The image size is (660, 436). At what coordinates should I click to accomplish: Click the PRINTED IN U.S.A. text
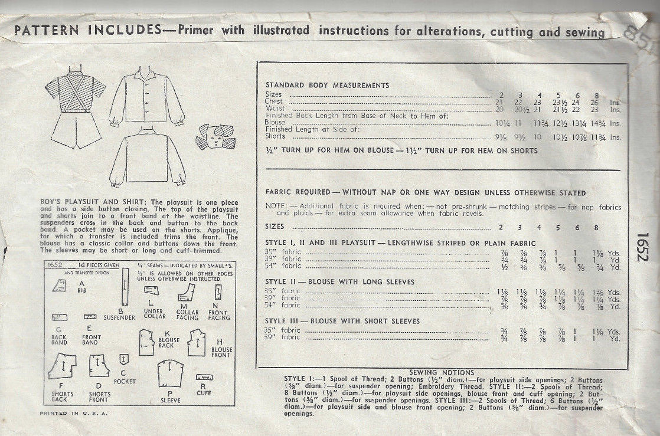74,413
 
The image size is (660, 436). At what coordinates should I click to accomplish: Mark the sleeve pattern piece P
171,376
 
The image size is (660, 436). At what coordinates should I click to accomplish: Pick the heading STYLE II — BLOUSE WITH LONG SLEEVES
339,282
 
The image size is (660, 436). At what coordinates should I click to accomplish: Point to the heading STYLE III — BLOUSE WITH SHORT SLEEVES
342,321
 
